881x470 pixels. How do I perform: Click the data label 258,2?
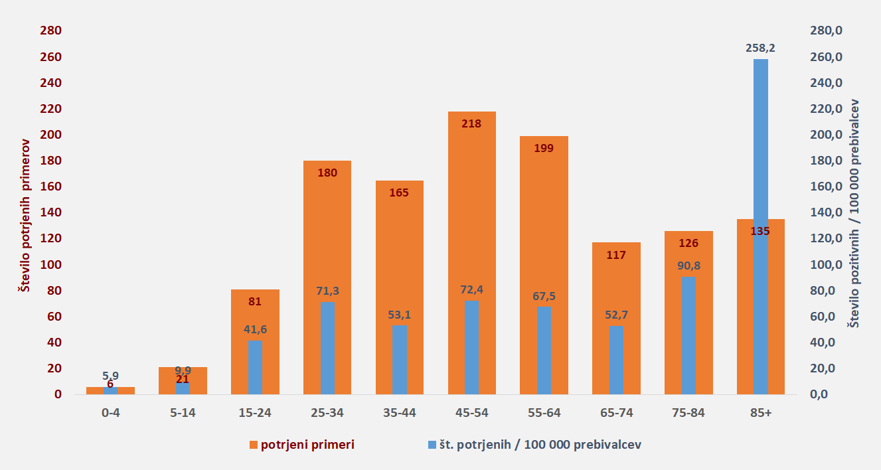pyautogui.click(x=761, y=48)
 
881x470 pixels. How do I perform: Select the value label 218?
pyautogui.click(x=472, y=123)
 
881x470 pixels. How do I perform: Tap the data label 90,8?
pyautogui.click(x=688, y=266)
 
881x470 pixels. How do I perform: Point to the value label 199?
pyautogui.click(x=544, y=148)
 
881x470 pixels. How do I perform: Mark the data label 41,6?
pyautogui.click(x=255, y=329)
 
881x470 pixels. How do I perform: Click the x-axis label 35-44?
pyautogui.click(x=400, y=413)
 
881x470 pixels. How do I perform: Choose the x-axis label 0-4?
pyautogui.click(x=110, y=413)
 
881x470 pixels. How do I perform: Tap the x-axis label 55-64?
pyautogui.click(x=544, y=413)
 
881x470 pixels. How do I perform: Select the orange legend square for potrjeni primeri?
pyautogui.click(x=254, y=445)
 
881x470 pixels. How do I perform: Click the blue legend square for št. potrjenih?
pyautogui.click(x=431, y=445)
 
